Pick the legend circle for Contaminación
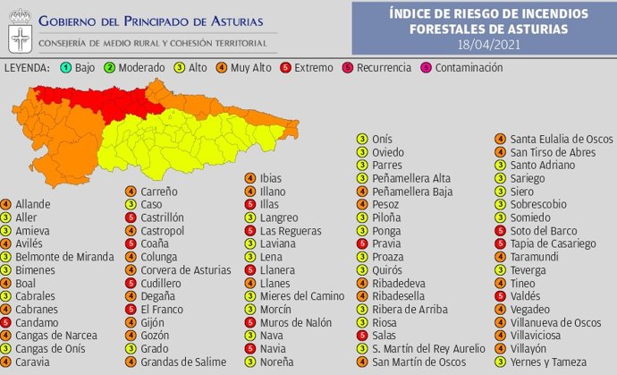click(x=426, y=68)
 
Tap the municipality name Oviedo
click(x=388, y=152)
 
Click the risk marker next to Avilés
click(x=7, y=243)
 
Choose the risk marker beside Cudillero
click(x=130, y=283)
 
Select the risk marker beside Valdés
click(x=501, y=296)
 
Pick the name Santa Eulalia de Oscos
click(x=561, y=139)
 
